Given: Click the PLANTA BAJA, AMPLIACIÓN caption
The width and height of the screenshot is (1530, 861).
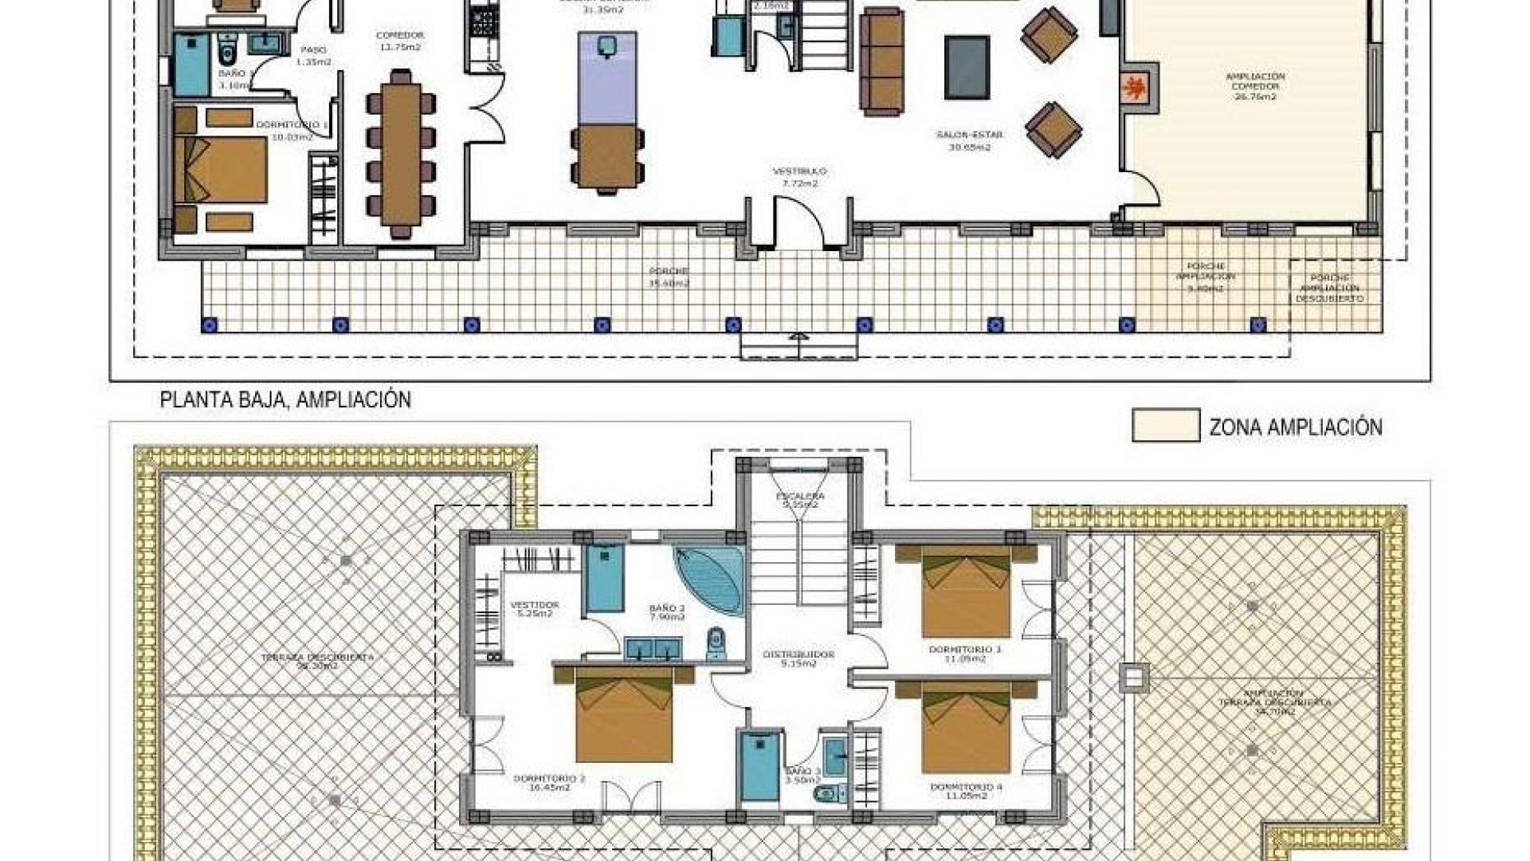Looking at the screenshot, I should coord(285,400).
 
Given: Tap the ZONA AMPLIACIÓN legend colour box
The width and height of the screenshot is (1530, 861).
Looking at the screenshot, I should coord(1165,425).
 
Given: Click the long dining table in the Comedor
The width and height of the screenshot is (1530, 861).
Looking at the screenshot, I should coord(400,148).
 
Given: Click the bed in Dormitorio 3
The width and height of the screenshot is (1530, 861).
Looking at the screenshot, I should coord(966,594).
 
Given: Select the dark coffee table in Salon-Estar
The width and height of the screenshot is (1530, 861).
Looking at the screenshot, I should coord(967,67).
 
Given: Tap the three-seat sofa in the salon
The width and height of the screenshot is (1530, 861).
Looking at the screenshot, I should coord(881,62).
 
